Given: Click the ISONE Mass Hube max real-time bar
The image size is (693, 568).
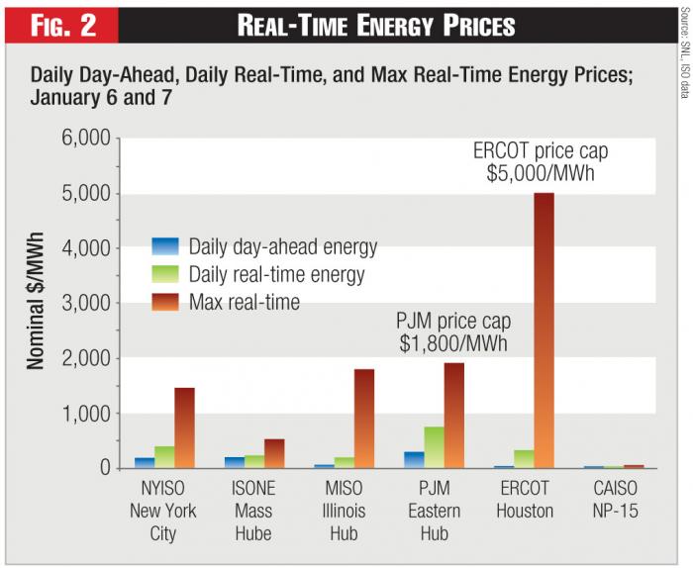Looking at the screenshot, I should click(274, 453).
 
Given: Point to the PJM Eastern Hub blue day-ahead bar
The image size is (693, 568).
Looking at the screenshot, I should click(413, 460).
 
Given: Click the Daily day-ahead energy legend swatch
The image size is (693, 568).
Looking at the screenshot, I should click(165, 245).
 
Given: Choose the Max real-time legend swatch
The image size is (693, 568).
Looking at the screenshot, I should click(165, 299).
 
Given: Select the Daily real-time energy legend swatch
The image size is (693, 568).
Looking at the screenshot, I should click(165, 272).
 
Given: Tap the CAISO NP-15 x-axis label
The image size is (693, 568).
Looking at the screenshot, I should click(614, 500).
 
